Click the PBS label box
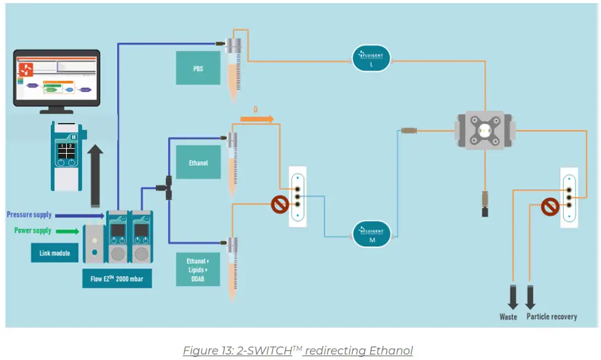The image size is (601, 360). [197, 68]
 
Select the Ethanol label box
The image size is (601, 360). [197, 162]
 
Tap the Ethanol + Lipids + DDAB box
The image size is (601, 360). [197, 269]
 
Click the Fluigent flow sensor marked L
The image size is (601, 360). [371, 58]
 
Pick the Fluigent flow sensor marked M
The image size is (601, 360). [371, 233]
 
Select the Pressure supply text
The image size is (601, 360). [29, 215]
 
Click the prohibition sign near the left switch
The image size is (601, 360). [280, 204]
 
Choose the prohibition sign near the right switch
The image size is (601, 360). [550, 207]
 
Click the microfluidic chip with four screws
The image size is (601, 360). [485, 130]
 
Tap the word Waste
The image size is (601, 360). [508, 317]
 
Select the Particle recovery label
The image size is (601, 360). [551, 317]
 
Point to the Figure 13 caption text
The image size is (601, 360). [298, 350]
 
